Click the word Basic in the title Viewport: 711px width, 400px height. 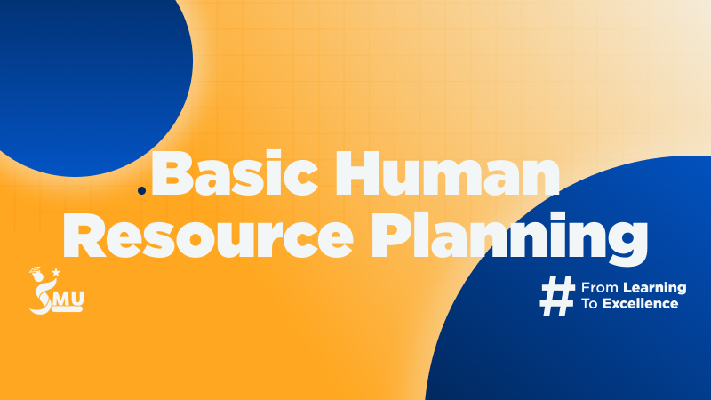pos(235,174)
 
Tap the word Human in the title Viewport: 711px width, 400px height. pos(448,174)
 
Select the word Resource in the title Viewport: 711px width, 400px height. pos(208,236)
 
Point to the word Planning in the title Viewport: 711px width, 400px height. pos(509,238)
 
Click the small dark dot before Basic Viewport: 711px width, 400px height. pos(141,191)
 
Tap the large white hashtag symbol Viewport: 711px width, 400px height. pos(557,295)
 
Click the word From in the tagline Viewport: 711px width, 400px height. pos(599,287)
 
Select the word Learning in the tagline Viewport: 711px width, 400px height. pos(655,288)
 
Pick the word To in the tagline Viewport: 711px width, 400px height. pos(589,303)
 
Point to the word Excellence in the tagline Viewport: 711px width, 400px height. pos(640,303)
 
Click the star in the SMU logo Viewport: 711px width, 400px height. pos(56,272)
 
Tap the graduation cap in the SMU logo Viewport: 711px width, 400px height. pos(36,271)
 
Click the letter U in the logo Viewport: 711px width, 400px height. pos(76,299)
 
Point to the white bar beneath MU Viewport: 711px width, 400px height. pos(68,309)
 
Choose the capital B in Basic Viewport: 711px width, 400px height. pos(170,174)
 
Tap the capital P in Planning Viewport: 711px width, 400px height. pos(390,236)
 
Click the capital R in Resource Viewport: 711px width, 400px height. pos(84,236)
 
